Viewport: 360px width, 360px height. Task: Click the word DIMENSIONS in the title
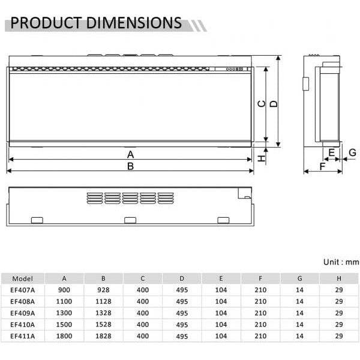(134, 23)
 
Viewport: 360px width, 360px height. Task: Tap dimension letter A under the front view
(130, 155)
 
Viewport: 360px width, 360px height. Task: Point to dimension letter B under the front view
(130, 166)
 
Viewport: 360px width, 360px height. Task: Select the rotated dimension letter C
(262, 104)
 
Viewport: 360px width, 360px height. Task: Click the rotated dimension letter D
(274, 104)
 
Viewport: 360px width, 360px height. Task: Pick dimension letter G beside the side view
(352, 152)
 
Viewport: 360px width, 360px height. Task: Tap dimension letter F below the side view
(322, 166)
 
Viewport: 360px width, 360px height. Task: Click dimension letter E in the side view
(332, 152)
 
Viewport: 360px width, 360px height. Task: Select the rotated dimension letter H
(261, 158)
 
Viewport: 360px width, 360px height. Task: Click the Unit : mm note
(341, 262)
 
